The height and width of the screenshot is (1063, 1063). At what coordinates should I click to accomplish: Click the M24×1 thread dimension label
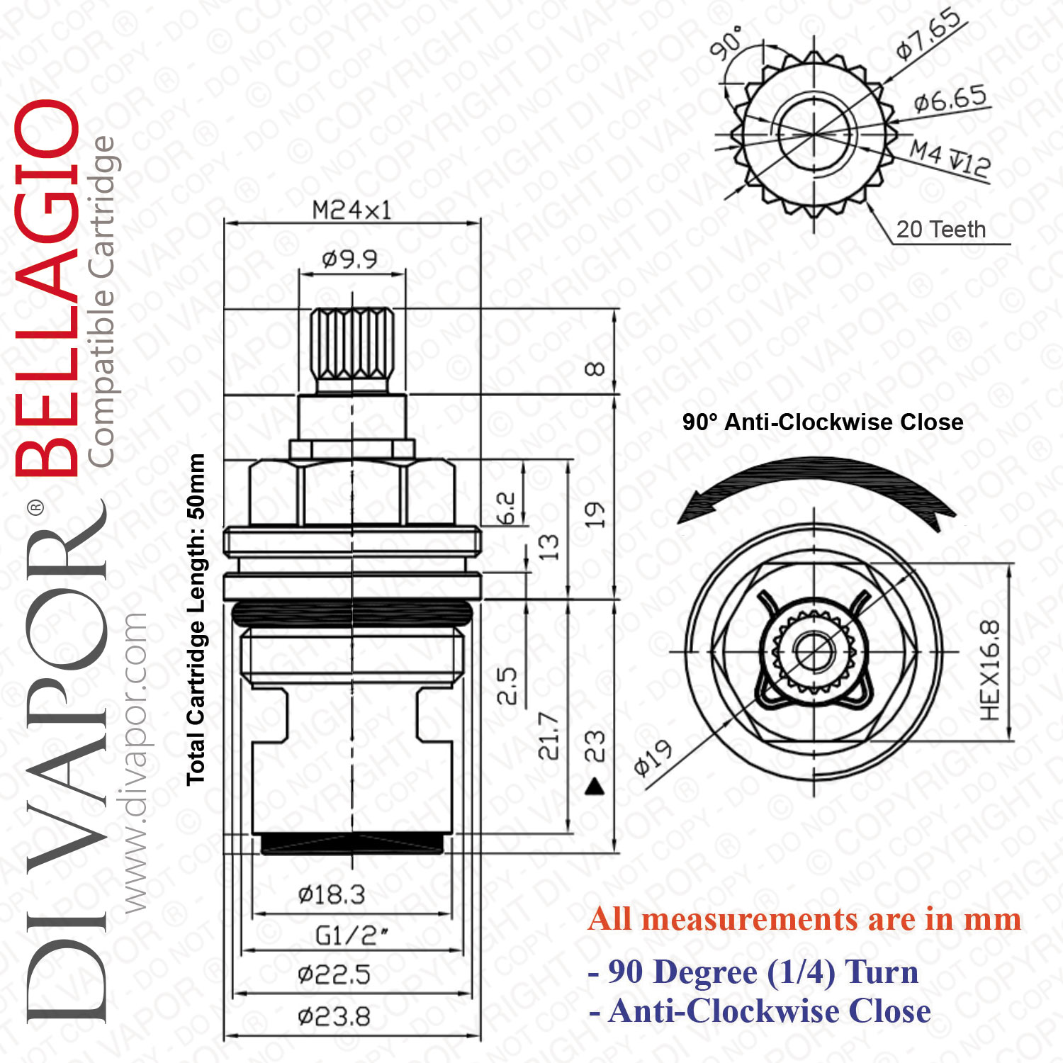351,210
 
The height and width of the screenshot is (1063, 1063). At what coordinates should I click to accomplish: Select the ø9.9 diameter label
349,259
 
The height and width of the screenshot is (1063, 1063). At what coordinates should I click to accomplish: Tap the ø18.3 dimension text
332,894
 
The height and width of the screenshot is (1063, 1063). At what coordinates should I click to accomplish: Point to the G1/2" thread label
351,935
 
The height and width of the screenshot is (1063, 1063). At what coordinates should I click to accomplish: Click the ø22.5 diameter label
334,975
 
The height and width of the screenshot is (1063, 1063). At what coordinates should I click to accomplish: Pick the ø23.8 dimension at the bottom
334,1018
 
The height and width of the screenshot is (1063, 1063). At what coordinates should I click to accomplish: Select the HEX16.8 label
990,670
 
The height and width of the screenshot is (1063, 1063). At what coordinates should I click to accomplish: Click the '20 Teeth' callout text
941,230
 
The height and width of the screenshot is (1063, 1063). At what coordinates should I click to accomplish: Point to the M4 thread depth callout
950,158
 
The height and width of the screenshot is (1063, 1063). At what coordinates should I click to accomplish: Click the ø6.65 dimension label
950,99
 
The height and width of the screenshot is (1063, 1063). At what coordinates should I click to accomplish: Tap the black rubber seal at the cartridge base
353,843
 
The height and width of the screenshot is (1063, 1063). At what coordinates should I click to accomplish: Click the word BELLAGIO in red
47,287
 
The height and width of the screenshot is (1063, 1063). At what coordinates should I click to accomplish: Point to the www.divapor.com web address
133,763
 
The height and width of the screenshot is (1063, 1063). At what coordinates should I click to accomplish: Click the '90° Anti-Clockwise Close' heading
823,422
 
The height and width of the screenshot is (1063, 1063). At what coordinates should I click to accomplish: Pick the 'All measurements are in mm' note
805,919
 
